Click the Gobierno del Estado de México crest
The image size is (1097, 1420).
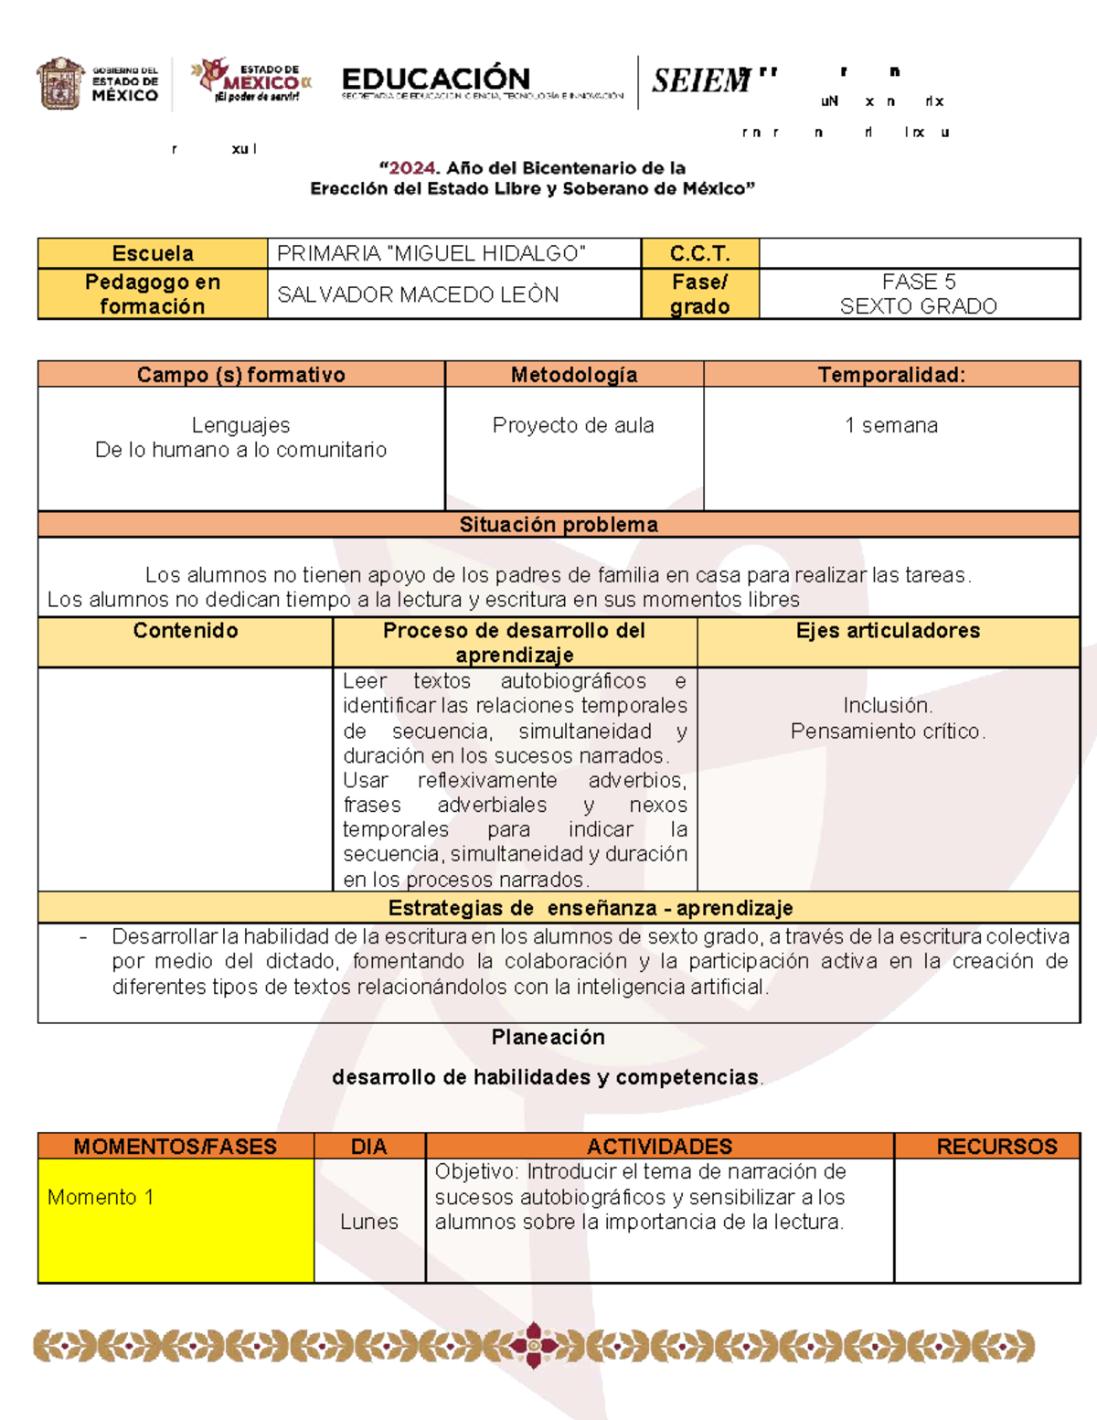click(60, 84)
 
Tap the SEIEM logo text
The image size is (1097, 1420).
click(701, 81)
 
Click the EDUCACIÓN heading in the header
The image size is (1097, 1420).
click(435, 80)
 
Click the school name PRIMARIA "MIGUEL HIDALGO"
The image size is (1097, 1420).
click(431, 253)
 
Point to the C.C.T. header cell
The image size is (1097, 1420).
click(699, 253)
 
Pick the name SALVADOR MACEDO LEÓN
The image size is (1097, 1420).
click(418, 294)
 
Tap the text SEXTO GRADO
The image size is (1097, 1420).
click(918, 306)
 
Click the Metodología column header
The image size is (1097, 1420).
click(574, 374)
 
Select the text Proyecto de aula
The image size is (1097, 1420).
click(573, 425)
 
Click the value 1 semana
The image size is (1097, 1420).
click(891, 425)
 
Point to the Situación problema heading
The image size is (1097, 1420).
click(559, 524)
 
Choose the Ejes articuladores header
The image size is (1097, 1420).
click(888, 630)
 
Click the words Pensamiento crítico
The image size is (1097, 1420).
click(888, 731)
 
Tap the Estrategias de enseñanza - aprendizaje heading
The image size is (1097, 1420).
click(591, 908)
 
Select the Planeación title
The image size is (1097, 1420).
click(548, 1037)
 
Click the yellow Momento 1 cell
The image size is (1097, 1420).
click(176, 1221)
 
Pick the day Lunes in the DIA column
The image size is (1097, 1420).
click(369, 1222)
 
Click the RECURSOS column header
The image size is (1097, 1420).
click(996, 1147)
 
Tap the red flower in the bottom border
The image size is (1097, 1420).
click(534, 1345)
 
